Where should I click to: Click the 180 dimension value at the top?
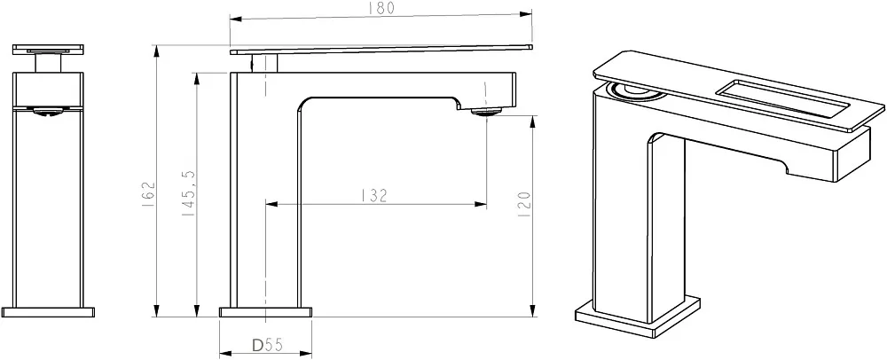pyautogui.click(x=381, y=8)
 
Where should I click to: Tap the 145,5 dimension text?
pyautogui.click(x=190, y=194)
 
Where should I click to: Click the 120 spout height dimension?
pyautogui.click(x=524, y=204)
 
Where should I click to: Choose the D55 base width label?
pyautogui.click(x=267, y=345)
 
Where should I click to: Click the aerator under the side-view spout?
pyautogui.click(x=486, y=112)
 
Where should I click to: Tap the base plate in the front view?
pyautogui.click(x=48, y=312)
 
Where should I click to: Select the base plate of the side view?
pyautogui.click(x=266, y=312)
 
